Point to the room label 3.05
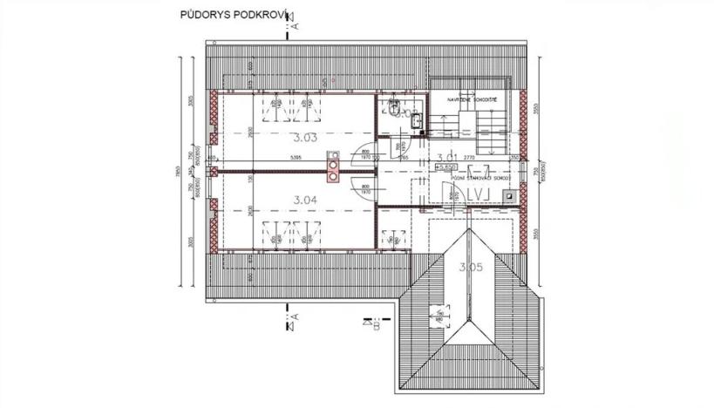point(470,268)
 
